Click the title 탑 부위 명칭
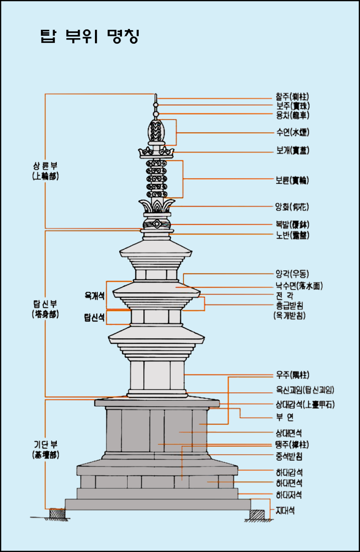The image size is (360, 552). tap(90, 37)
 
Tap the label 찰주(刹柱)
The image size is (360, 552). tap(292, 98)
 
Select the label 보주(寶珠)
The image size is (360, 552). tap(292, 106)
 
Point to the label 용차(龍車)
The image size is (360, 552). tap(292, 114)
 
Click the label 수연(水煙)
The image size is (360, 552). tap(292, 133)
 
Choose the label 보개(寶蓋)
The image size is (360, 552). tap(292, 151)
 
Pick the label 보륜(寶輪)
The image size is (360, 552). tap(292, 180)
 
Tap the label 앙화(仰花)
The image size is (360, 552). tap(292, 207)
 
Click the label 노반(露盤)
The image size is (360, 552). tap(292, 235)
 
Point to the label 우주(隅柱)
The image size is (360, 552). tap(292, 375)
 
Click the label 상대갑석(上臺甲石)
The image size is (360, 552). tap(305, 404)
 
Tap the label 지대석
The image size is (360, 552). tap(285, 511)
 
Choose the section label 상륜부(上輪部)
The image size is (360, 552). tap(45, 170)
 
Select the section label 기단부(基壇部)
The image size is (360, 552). tap(45, 450)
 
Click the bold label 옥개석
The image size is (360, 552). tap(94, 295)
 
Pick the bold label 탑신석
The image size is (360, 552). tap(94, 318)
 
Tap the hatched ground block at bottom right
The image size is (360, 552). tap(257, 515)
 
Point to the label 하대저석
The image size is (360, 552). tap(289, 494)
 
